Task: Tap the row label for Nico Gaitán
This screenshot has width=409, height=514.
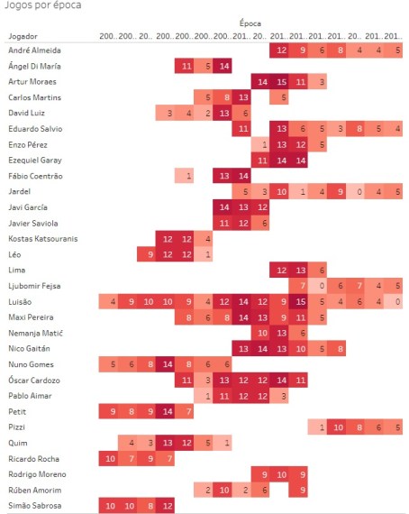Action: click(29, 348)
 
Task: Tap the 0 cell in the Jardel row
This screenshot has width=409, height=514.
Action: click(359, 191)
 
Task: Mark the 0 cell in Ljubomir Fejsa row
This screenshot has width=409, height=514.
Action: click(322, 285)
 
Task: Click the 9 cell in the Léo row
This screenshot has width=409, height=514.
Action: click(150, 254)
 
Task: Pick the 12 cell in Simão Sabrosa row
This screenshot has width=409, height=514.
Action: click(168, 505)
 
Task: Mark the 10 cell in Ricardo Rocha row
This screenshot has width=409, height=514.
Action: click(111, 458)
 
